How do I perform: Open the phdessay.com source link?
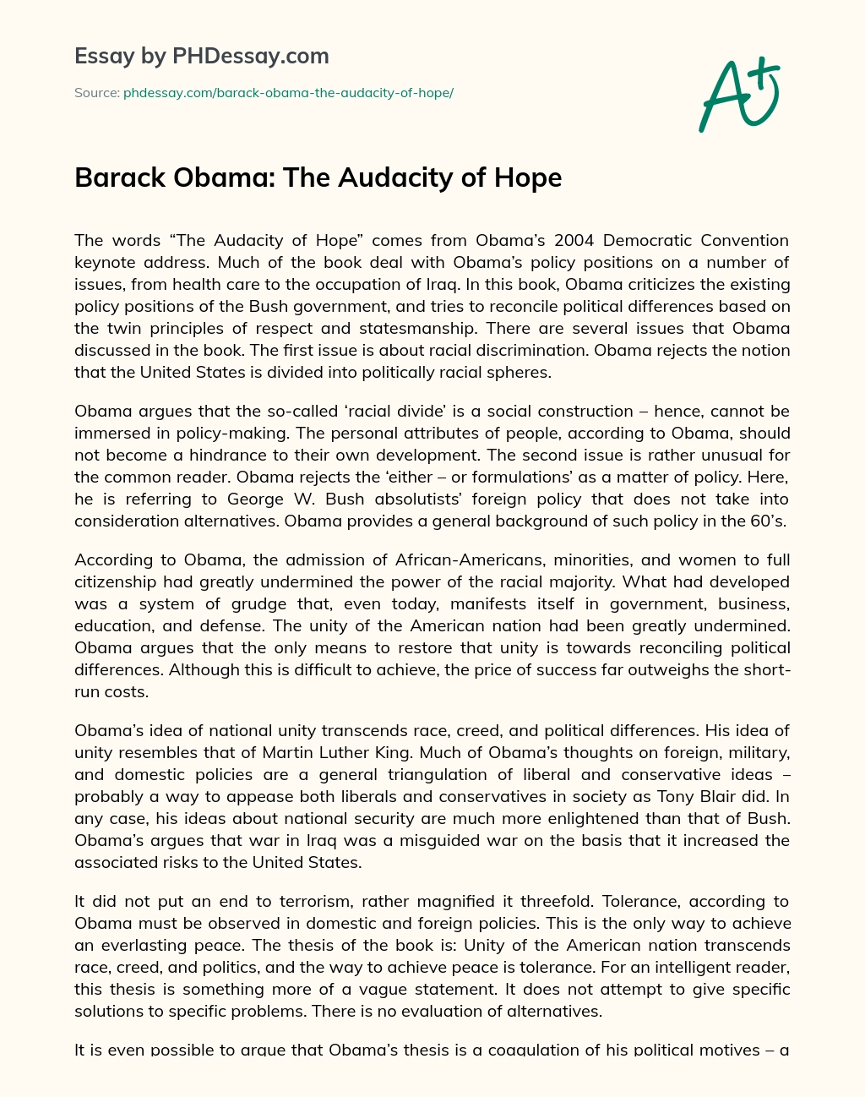pos(288,93)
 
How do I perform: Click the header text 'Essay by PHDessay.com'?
pos(201,56)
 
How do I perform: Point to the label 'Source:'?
pos(96,93)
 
